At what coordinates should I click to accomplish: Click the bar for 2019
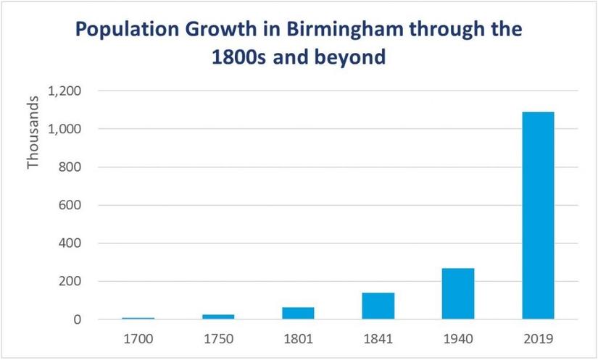coord(537,215)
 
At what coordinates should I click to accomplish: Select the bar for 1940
coord(457,293)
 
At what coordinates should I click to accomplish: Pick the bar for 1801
coord(298,313)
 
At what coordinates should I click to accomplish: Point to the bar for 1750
coord(218,317)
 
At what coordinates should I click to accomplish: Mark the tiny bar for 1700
coord(138,318)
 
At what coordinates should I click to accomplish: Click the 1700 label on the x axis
coord(138,338)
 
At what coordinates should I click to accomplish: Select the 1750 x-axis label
coord(218,338)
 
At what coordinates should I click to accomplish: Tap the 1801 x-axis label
coord(298,338)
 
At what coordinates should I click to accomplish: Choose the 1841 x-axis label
coord(378,338)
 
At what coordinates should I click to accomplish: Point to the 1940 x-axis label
coord(457,338)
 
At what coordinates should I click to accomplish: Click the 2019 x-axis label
coord(537,338)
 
